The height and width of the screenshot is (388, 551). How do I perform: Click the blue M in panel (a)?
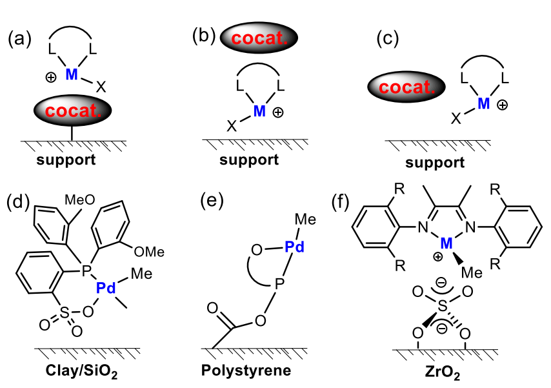click(x=72, y=76)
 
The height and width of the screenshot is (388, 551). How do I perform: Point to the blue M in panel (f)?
click(x=445, y=241)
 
